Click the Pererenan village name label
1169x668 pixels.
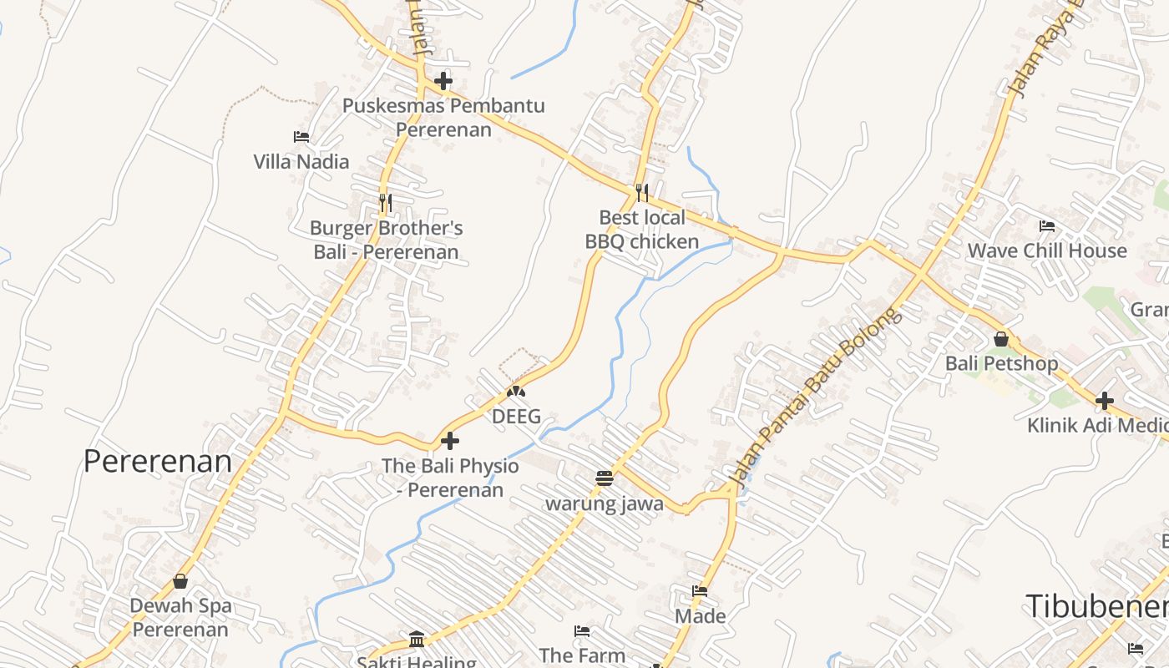(x=157, y=461)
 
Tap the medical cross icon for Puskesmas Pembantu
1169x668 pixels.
(x=443, y=81)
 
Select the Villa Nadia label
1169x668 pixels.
(x=301, y=161)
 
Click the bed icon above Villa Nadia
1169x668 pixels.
(x=301, y=136)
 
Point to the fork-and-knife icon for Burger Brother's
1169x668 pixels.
(x=385, y=202)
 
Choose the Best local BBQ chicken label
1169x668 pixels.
(x=641, y=230)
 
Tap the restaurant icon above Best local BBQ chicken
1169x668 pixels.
(x=641, y=193)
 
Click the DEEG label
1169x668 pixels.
(x=516, y=416)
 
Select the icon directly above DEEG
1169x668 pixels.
(x=516, y=391)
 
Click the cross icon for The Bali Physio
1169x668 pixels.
(x=450, y=440)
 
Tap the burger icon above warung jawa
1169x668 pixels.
(x=605, y=478)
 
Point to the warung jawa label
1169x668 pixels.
(x=605, y=504)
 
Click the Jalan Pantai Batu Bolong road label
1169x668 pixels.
(x=817, y=397)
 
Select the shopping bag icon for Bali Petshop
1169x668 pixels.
(x=1001, y=339)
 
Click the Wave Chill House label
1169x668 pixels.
(x=1047, y=250)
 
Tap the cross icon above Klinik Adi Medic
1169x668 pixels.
(x=1105, y=401)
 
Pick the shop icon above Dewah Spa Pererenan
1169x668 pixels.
(x=180, y=580)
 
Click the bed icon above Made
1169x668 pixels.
(x=700, y=591)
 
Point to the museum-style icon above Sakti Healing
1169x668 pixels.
(x=417, y=640)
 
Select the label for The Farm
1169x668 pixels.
(x=582, y=655)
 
